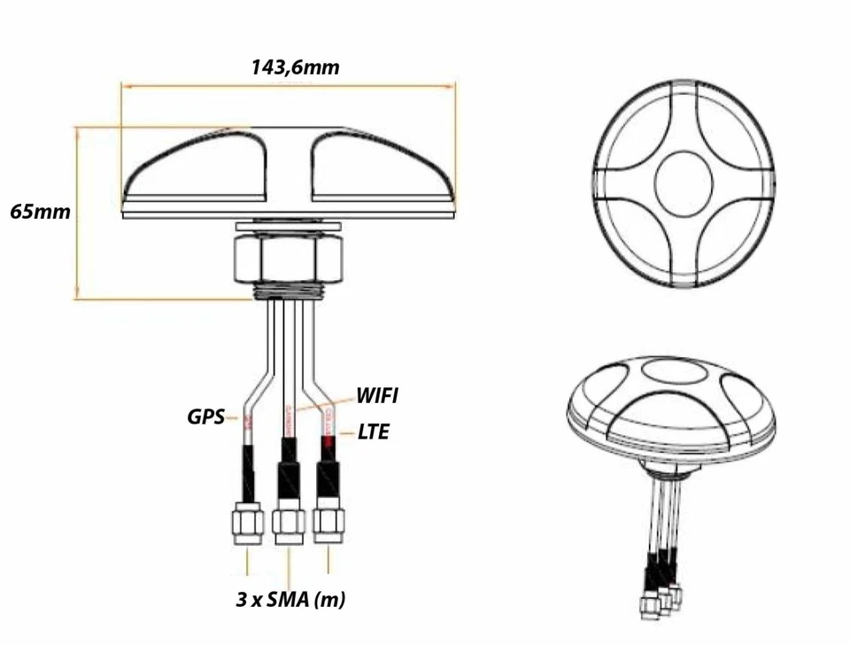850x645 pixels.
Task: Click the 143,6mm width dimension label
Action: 295,67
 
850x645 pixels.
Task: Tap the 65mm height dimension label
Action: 40,213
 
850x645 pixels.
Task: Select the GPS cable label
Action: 206,416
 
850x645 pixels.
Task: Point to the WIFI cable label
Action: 376,395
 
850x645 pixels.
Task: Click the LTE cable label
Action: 373,432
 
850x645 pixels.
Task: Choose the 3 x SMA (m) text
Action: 290,600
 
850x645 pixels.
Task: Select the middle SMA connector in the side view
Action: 289,526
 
